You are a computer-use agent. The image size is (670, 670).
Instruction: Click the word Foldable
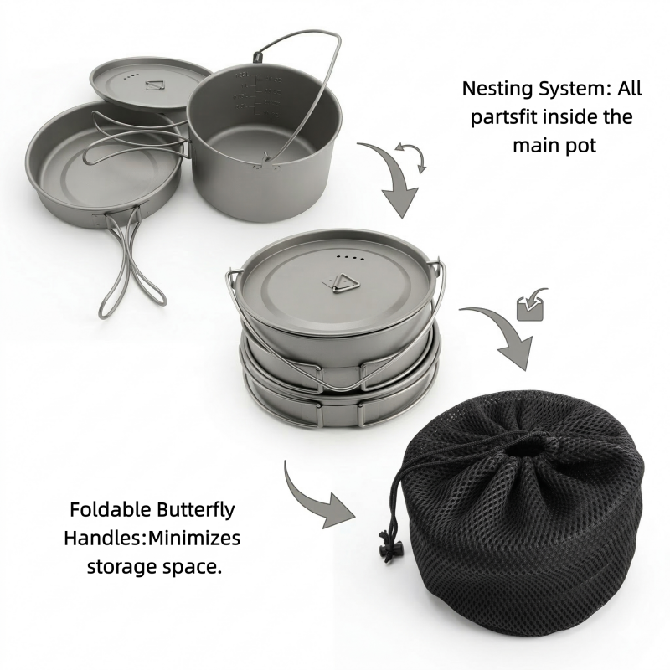pos(109,509)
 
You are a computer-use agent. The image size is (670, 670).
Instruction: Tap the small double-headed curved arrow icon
pos(410,157)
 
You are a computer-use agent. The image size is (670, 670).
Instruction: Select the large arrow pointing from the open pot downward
pos(391,179)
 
